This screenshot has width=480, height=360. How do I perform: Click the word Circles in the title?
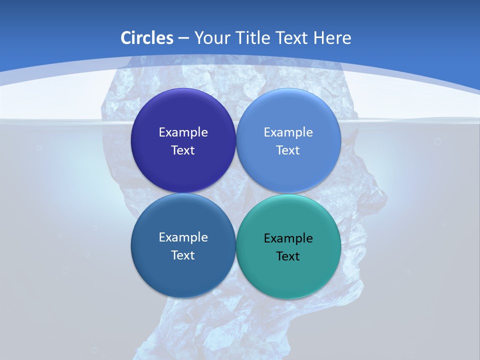coord(146,38)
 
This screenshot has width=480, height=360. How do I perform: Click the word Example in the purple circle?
coord(183,132)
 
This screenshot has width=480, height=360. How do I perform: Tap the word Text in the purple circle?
coord(183,150)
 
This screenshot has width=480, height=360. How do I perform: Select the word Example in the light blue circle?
coord(288,132)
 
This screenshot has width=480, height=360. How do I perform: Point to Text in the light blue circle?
coord(288,150)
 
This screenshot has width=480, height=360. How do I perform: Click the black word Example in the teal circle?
coord(288,238)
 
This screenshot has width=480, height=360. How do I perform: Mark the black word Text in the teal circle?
coord(288,256)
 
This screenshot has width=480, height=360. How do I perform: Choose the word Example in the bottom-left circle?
coord(183,237)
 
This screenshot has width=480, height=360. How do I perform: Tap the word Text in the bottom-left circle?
coord(183,255)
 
